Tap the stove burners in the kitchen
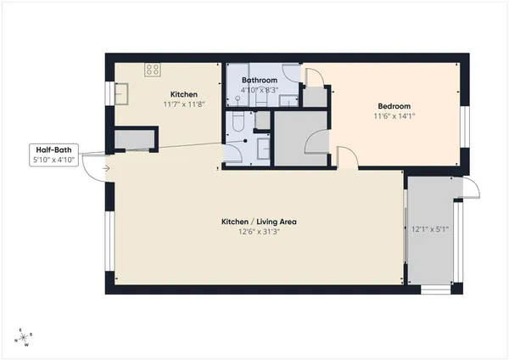click(154, 70)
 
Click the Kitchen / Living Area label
click(259, 221)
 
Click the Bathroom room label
click(260, 80)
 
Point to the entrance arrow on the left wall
click(104, 167)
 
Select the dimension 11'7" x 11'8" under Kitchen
click(184, 104)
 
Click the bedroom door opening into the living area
click(346, 156)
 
